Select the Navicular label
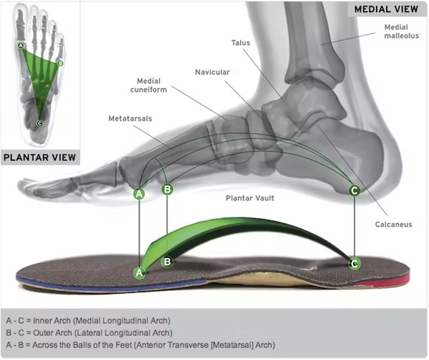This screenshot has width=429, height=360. point(212,72)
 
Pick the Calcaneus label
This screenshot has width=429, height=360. point(393,224)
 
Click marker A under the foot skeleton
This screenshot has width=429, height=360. point(139,193)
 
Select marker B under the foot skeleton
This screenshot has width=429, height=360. point(167,189)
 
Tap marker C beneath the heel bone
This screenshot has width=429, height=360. point(354,190)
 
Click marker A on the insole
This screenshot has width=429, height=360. point(139,272)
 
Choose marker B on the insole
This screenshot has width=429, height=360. point(167,261)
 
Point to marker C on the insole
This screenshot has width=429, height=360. point(354,263)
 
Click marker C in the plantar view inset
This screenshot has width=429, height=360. point(39,124)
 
